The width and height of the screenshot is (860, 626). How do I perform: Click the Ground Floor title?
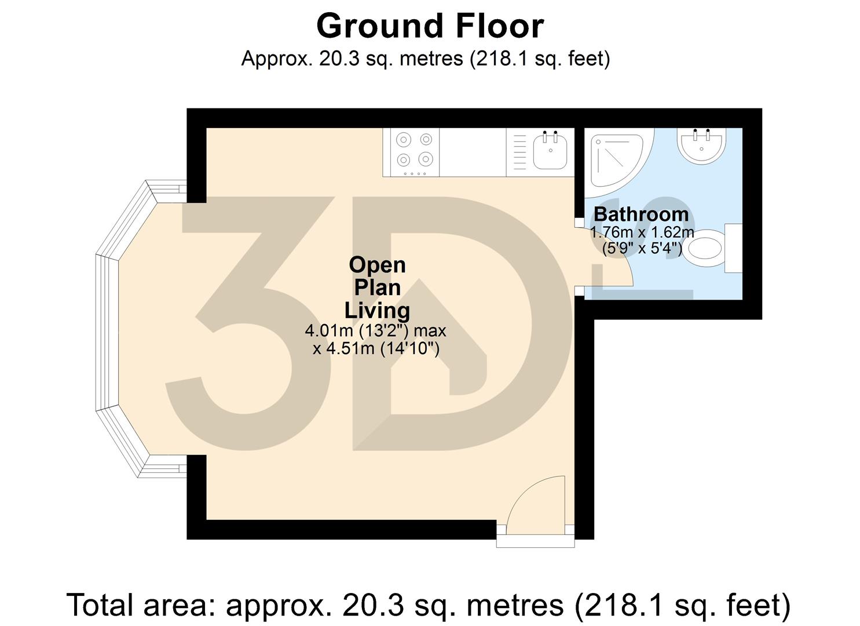click(430, 26)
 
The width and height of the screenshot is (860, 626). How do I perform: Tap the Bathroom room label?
click(641, 214)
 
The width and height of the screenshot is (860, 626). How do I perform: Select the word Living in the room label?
click(377, 310)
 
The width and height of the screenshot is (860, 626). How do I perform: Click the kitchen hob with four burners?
click(415, 152)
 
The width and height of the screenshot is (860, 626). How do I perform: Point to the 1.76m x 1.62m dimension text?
click(642, 233)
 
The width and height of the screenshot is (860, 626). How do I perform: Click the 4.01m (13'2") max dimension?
click(375, 331)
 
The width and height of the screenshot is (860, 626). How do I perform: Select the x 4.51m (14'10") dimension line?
click(376, 348)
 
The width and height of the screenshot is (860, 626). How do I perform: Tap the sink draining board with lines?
click(519, 153)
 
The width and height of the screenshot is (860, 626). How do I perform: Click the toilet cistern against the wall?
click(733, 248)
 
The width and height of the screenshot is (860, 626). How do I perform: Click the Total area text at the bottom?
click(429, 605)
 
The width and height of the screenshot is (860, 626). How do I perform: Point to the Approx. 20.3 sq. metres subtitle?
click(425, 59)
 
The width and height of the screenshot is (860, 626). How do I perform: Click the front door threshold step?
click(535, 541)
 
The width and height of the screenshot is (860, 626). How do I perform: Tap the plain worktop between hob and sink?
click(472, 152)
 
